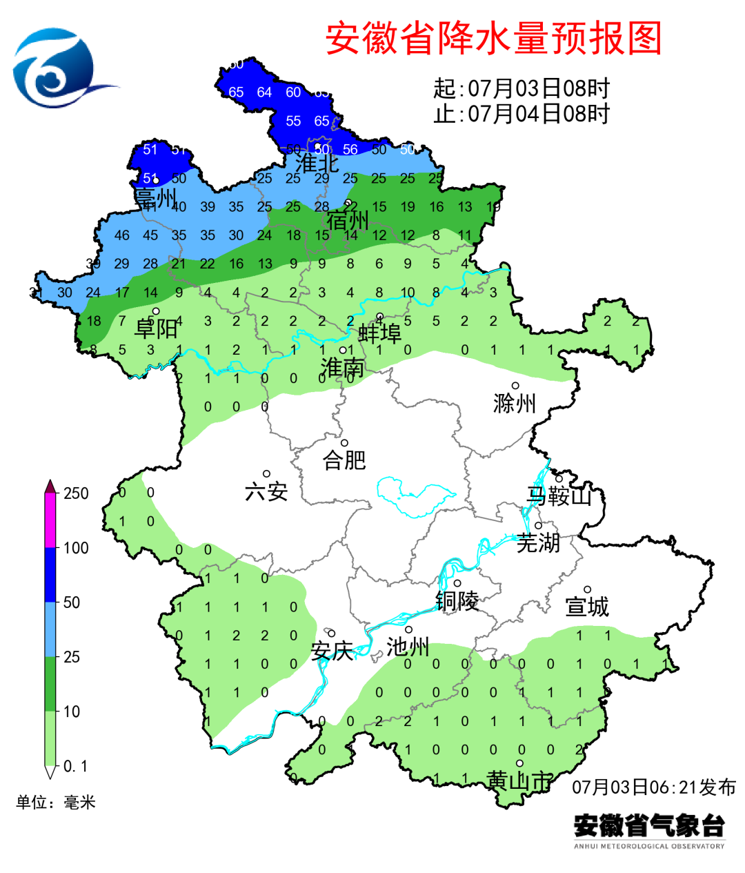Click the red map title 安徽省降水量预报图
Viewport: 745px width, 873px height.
493,39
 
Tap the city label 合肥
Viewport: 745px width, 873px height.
344,460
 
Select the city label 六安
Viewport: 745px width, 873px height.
266,491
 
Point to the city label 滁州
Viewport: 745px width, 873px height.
515,402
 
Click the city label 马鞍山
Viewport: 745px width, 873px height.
559,496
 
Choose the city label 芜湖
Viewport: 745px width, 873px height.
538,542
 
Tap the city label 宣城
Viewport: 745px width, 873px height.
587,607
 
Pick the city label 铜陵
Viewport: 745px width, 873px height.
457,601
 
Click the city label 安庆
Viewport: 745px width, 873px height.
332,651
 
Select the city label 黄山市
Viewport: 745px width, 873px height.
519,781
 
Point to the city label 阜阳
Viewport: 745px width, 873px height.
156,328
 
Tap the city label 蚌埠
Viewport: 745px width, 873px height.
379,334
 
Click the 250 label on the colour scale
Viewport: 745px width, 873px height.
76,493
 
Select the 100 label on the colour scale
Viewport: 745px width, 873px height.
76,548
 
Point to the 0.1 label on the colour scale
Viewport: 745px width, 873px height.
75,766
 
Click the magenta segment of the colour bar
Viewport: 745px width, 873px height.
50,521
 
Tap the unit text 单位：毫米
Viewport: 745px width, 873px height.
56,802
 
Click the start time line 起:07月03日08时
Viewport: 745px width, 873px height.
521,88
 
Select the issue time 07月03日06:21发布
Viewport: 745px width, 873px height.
653,787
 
